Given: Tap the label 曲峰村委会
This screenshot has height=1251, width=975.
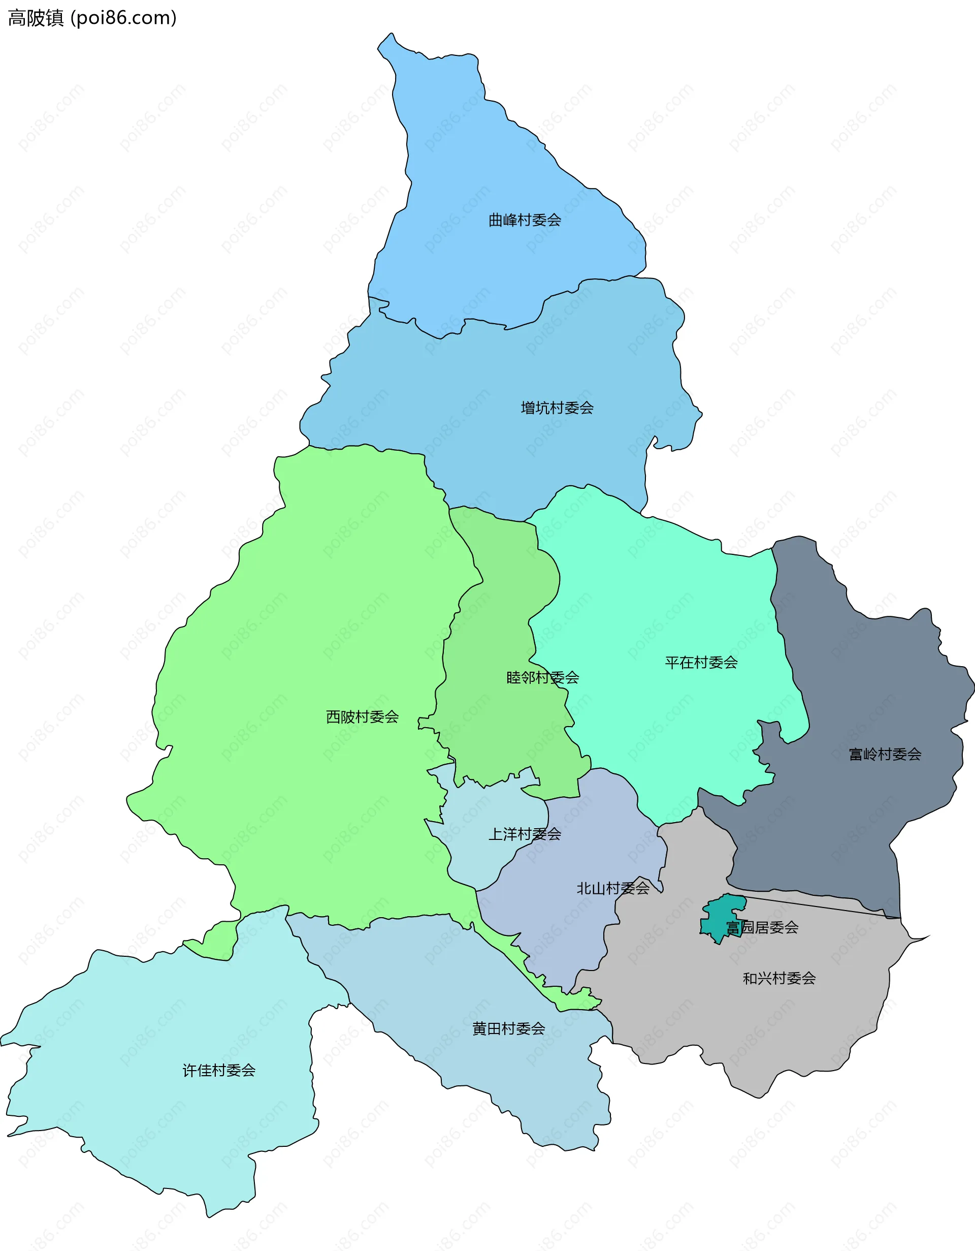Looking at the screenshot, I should tap(525, 220).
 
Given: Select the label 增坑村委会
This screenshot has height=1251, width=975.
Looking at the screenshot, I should tap(557, 408).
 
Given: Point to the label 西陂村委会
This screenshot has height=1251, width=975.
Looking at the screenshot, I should tap(362, 716).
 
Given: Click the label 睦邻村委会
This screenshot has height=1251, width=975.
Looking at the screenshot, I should tap(542, 678).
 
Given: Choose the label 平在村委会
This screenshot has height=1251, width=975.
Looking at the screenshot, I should tap(701, 663).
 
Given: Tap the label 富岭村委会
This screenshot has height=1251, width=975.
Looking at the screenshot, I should tap(885, 755).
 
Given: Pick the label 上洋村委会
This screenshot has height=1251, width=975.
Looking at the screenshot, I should tap(525, 834).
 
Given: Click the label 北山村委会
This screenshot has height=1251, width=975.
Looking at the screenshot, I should tap(612, 888).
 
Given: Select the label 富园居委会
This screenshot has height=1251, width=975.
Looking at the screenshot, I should tap(762, 927).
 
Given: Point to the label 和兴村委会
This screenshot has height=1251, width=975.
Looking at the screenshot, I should tap(778, 978).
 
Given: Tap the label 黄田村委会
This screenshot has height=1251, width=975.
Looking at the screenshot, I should tap(508, 1029).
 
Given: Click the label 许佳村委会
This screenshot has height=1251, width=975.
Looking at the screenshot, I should tap(219, 1071).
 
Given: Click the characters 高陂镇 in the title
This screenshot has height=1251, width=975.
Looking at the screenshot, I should tap(36, 18).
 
